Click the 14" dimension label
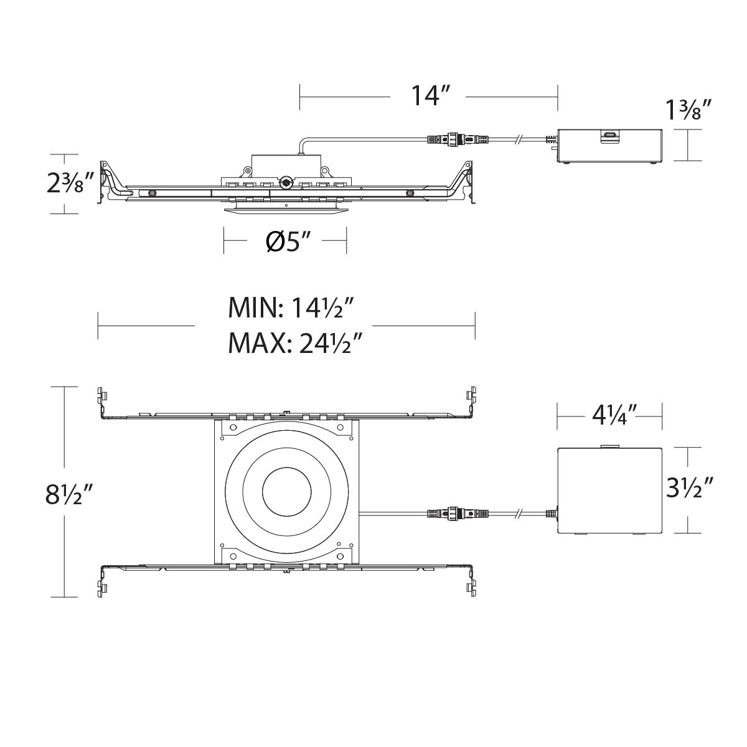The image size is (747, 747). click(x=430, y=96)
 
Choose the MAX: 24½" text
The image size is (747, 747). click(x=295, y=342)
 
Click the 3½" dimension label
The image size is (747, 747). click(x=688, y=488)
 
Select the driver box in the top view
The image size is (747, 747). click(x=609, y=491)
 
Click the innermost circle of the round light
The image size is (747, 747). click(x=287, y=492)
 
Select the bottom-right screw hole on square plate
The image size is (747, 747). click(x=341, y=556)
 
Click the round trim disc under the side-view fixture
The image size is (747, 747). click(x=285, y=210)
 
